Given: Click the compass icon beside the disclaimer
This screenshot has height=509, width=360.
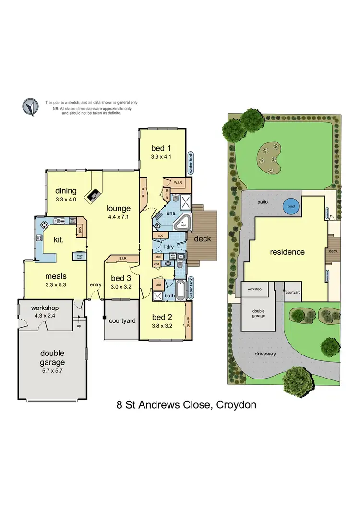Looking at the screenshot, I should tap(30, 107).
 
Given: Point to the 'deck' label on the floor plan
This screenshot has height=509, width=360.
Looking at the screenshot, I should tap(202, 238).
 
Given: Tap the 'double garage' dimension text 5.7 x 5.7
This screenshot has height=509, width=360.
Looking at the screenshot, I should tap(52, 371).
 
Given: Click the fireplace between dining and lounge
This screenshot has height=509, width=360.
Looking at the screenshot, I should tap(94, 195).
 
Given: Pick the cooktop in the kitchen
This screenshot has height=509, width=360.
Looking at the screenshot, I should tap(44, 225).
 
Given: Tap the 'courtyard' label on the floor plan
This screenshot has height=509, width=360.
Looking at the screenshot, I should tap(121, 320).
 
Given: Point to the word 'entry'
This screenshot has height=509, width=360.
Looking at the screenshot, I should tap(96, 285).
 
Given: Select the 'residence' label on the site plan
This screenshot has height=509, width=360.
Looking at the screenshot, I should tap(287, 252).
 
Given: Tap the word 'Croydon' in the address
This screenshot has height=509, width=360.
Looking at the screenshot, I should tap(236, 404).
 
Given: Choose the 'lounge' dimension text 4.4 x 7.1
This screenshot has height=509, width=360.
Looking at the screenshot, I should tap(119, 216).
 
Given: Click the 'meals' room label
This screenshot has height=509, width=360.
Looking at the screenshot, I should tap(56, 276).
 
